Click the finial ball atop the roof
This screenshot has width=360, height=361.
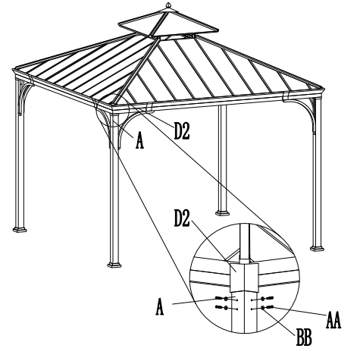tap(168, 5)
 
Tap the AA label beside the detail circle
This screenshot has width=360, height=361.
tap(333, 320)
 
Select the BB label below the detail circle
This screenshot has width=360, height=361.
tap(304, 337)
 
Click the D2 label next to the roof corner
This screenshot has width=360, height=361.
tap(182, 130)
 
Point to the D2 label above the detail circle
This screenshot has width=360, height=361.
tap(182, 218)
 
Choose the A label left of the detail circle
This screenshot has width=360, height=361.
tap(159, 306)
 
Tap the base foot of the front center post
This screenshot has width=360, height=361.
tap(114, 265)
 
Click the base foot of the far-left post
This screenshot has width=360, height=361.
tap(20, 229)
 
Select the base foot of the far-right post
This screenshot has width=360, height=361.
tap(317, 248)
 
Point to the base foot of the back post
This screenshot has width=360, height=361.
tap(222, 213)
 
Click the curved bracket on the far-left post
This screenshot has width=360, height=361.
tap(25, 97)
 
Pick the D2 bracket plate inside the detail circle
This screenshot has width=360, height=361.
tap(244, 277)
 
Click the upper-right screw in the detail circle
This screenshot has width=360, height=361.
tap(270, 298)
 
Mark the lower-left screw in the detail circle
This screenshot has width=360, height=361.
tap(218, 307)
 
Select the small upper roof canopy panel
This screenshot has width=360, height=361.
tap(168, 23)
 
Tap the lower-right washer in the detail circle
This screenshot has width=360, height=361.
tap(263, 308)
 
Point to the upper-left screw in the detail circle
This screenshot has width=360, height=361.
tap(218, 298)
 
